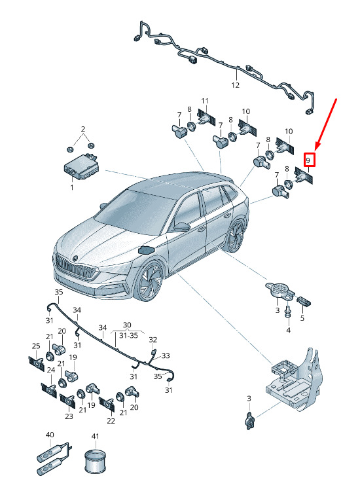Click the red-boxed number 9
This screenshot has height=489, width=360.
(x=308, y=160)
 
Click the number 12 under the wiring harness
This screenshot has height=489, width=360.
(x=236, y=85)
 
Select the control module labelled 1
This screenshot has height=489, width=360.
(x=82, y=166)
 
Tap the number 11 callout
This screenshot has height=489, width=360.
(x=205, y=101)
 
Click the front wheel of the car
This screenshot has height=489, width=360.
(x=151, y=281)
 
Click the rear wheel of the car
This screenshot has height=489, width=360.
(x=236, y=236)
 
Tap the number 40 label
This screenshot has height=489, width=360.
(x=50, y=435)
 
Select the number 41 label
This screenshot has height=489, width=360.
(x=95, y=436)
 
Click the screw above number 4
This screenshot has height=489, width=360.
(x=288, y=312)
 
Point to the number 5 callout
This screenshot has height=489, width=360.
(x=302, y=318)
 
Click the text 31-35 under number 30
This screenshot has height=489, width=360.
(x=128, y=336)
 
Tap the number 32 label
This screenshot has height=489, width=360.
(x=153, y=339)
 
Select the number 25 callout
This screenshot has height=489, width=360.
(x=36, y=346)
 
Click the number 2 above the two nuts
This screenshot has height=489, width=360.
(x=83, y=129)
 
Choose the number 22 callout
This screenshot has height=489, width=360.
(x=111, y=421)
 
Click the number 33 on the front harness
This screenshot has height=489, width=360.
(x=166, y=355)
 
